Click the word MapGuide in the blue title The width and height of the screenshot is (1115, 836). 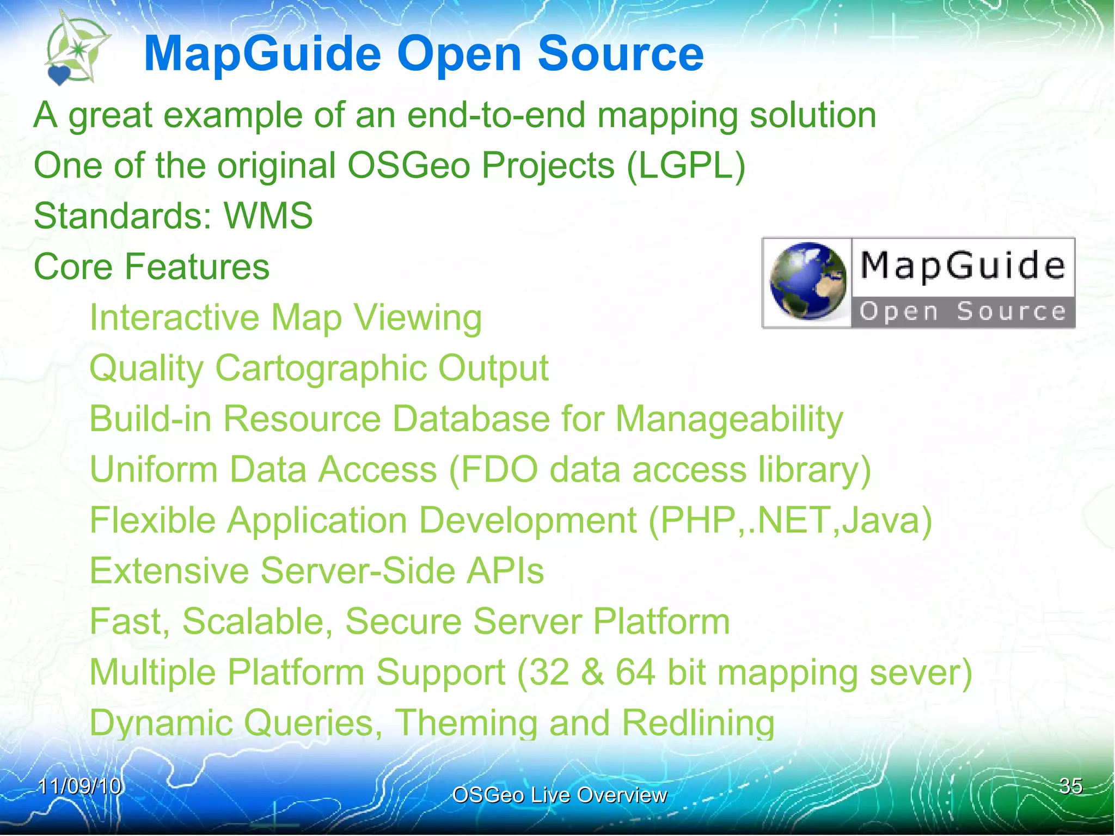pos(262,54)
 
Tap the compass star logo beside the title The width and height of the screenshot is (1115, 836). pos(78,49)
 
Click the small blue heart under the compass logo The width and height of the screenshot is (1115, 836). pos(59,75)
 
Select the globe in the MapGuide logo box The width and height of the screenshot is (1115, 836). pos(808,281)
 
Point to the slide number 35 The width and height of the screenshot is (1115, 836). pos(1070,786)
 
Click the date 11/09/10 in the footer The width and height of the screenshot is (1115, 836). pos(79,786)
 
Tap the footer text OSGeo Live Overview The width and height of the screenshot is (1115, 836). pos(559,795)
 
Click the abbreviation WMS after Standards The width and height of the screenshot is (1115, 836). pos(268,216)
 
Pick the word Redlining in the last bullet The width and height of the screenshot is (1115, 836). pos(698,723)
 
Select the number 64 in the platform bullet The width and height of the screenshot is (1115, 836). pos(635,672)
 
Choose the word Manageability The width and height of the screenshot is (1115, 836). pos(730,419)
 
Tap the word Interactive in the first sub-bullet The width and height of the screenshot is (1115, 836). pos(174,317)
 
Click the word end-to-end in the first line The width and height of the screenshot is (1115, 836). pos(496,115)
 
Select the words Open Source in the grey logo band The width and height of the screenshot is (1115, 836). pos(962,312)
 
